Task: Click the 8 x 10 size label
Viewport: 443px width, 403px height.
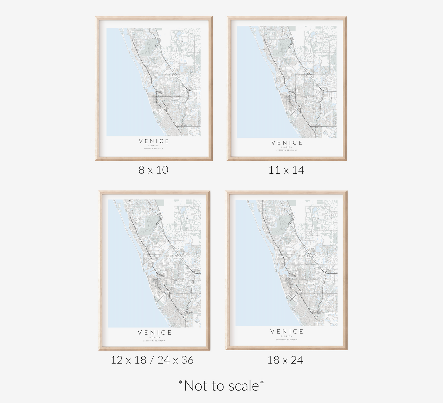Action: pyautogui.click(x=153, y=170)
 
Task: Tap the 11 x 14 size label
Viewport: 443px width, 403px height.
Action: pyautogui.click(x=286, y=170)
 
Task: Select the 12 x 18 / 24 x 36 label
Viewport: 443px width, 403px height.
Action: pyautogui.click(x=152, y=360)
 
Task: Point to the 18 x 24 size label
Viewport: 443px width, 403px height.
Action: pyautogui.click(x=285, y=360)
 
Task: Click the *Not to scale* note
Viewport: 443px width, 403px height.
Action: pyautogui.click(x=221, y=386)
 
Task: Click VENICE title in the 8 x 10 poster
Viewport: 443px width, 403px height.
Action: pyautogui.click(x=154, y=141)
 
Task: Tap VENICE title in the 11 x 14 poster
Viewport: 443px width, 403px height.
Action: pyautogui.click(x=287, y=143)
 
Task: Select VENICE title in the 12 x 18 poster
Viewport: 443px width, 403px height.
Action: pyautogui.click(x=155, y=333)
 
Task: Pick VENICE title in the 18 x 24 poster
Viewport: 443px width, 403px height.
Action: pyautogui.click(x=287, y=332)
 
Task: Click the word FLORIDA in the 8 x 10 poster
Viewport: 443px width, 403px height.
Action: pyautogui.click(x=154, y=145)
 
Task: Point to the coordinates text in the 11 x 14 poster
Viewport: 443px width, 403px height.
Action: pyautogui.click(x=287, y=150)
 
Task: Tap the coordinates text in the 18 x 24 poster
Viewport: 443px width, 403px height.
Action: pyautogui.click(x=286, y=340)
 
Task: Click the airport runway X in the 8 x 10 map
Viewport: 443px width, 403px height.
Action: pyautogui.click(x=159, y=113)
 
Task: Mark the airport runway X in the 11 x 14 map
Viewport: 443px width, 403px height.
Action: pyautogui.click(x=291, y=114)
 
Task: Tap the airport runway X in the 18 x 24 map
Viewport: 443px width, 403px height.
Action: pyautogui.click(x=292, y=297)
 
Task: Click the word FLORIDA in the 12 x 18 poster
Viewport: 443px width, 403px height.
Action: pyautogui.click(x=154, y=337)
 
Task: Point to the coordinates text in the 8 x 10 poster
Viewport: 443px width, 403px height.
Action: pyautogui.click(x=154, y=149)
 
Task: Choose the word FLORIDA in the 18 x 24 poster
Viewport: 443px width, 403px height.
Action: pyautogui.click(x=286, y=336)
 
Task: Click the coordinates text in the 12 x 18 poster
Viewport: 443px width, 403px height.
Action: pyautogui.click(x=154, y=341)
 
